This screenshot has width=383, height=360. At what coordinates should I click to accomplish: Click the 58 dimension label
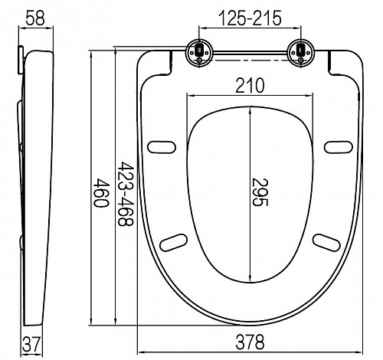click(x=35, y=18)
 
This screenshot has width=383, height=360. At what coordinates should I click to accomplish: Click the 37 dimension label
click(x=31, y=344)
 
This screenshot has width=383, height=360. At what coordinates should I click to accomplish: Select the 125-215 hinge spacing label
click(x=250, y=18)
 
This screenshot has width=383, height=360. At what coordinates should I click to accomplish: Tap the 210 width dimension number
click(x=250, y=86)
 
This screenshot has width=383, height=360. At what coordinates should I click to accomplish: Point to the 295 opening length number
click(x=260, y=192)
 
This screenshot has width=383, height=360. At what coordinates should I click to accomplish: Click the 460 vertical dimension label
click(x=102, y=193)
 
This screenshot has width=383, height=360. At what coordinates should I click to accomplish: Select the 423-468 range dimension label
click(x=126, y=194)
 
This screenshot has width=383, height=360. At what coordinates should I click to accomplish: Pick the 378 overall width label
click(x=250, y=342)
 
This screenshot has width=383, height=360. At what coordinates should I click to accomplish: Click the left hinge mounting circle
click(x=199, y=53)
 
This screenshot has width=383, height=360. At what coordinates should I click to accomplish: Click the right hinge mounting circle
click(x=301, y=53)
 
